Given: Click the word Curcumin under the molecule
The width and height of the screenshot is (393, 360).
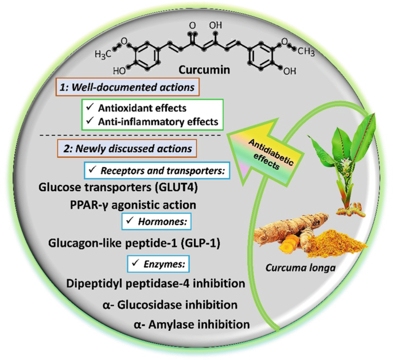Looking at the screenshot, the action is click(x=204, y=69).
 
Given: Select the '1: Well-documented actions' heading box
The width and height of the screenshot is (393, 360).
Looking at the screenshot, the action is click(x=127, y=87).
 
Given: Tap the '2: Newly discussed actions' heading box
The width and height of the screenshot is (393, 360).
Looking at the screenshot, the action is click(x=127, y=149).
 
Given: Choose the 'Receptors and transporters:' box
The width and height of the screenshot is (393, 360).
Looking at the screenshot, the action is click(x=157, y=171).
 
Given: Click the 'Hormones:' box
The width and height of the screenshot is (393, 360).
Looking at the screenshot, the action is click(x=157, y=222).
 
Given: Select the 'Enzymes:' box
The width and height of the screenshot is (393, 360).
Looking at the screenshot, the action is click(x=159, y=264).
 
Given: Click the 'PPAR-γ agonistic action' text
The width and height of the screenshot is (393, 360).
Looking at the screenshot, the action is click(x=133, y=205).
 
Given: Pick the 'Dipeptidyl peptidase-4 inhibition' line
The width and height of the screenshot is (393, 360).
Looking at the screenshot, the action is click(x=155, y=284).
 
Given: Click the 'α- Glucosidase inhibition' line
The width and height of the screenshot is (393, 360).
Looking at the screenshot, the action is click(x=170, y=305).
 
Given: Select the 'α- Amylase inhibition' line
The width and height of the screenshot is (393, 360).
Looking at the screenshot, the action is click(x=192, y=324).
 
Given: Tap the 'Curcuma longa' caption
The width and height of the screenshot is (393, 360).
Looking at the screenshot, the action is click(x=301, y=268).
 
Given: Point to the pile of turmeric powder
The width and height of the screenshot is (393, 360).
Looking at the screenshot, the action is click(x=336, y=244).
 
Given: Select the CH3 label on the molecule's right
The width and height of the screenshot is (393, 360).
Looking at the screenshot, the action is click(x=306, y=52).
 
